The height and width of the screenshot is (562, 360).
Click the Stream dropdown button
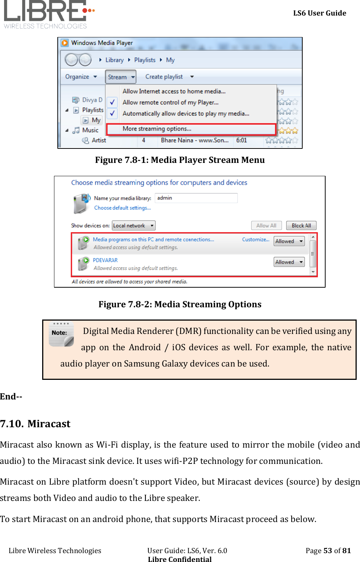121,77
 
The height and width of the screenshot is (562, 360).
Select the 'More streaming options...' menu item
157,129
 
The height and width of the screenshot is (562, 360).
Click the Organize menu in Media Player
81,77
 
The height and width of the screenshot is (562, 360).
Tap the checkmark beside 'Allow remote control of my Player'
112,102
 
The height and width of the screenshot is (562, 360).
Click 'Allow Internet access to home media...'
174,91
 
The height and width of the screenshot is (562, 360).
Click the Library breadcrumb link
114,60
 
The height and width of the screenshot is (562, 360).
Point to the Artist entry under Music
99,140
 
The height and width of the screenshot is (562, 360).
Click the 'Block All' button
301,225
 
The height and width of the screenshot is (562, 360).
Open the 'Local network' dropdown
134,225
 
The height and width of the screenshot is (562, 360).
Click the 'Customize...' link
256,240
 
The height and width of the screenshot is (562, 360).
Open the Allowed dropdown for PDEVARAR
289,262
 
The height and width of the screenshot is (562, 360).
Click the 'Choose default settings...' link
122,208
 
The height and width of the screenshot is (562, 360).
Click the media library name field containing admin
196,198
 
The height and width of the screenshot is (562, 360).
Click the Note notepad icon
61,334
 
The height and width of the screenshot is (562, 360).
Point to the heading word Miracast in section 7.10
49,424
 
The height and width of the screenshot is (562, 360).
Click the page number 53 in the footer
327,551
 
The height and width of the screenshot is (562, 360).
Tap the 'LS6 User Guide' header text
320,13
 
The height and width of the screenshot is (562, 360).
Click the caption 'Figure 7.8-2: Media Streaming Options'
180,304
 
